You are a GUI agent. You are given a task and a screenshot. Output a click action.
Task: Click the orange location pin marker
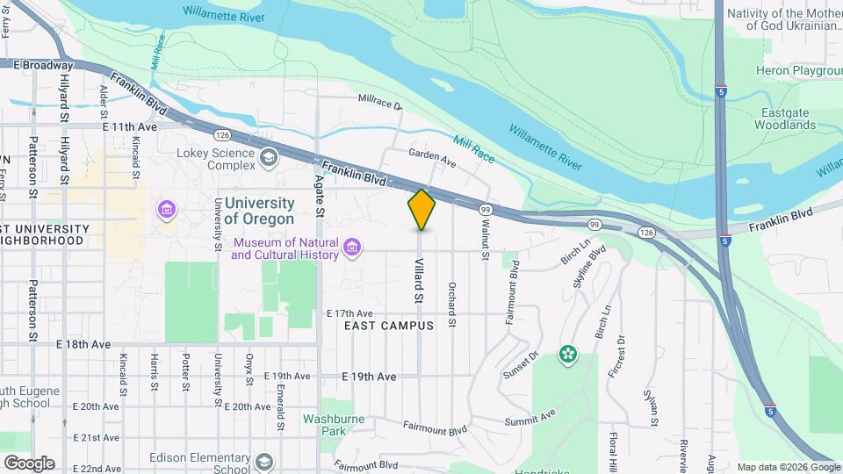[x=421, y=209]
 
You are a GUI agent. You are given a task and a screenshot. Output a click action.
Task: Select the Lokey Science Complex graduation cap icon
[x=269, y=158]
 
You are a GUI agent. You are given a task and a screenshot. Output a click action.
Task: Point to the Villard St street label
[x=419, y=281]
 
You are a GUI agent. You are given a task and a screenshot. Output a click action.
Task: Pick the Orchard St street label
[x=451, y=304]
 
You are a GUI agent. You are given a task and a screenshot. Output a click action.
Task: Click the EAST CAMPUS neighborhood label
[x=389, y=326]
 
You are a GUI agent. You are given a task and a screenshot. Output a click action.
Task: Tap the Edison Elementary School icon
[x=264, y=462]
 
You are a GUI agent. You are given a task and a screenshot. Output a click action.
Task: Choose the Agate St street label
[x=320, y=195]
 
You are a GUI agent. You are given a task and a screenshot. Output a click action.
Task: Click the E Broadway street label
[x=42, y=65]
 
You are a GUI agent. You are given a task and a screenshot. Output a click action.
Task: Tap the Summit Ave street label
[x=530, y=419]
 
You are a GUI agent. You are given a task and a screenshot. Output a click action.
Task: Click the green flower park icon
[x=570, y=355]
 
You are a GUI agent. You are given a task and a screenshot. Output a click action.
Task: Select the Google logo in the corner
[x=29, y=463]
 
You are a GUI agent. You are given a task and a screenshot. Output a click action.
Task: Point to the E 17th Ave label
[x=349, y=313]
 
